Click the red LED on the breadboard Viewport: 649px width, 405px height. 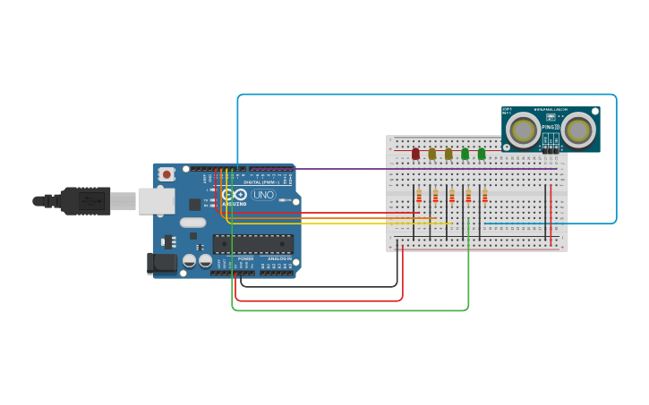(415, 154)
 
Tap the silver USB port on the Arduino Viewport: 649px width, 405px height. (155, 200)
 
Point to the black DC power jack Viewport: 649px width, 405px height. (161, 263)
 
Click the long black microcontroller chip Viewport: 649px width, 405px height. (252, 244)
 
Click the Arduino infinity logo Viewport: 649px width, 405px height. (235, 195)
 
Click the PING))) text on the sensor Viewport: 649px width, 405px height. (551, 127)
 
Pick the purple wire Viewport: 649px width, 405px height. (403, 168)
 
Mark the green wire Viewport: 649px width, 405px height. (349, 310)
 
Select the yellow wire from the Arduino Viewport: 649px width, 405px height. (340, 223)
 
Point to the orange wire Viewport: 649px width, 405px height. (331, 218)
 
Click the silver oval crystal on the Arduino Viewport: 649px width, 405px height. (192, 222)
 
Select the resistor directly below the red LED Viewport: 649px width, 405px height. (419, 196)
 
